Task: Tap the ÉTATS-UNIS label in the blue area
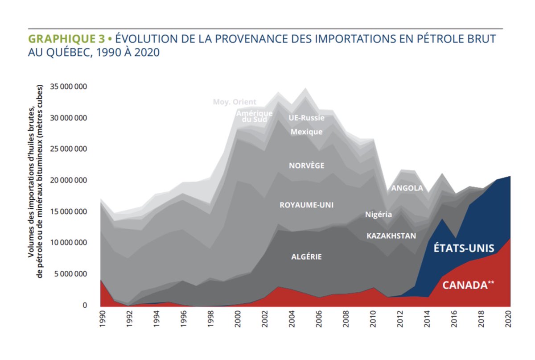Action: click(x=464, y=248)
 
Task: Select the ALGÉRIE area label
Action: click(x=306, y=257)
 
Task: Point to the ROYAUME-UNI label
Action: click(x=306, y=205)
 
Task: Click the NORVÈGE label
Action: click(x=306, y=166)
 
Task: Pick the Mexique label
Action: click(x=306, y=132)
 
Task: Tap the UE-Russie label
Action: click(x=306, y=118)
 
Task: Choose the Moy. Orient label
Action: click(x=235, y=102)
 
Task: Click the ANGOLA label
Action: click(x=407, y=188)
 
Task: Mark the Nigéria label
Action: click(x=379, y=215)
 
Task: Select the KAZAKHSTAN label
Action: click(x=391, y=235)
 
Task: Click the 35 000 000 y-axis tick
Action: click(x=69, y=87)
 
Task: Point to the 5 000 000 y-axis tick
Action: click(x=70, y=274)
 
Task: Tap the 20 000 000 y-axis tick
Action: click(x=69, y=181)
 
